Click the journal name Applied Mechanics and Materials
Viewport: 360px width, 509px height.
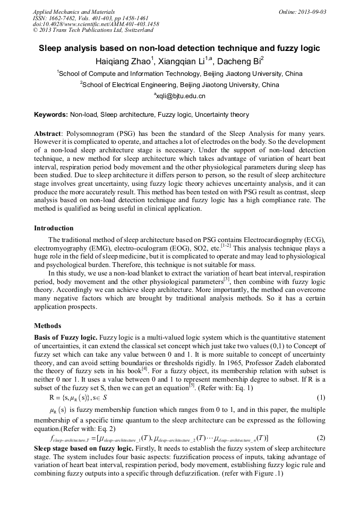pyautogui.click(x=73, y=11)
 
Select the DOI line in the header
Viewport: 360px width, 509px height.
pyautogui.click(x=96, y=24)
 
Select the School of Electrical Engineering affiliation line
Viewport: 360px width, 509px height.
pyautogui.click(x=179, y=84)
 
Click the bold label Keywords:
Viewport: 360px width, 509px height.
pyautogui.click(x=51, y=115)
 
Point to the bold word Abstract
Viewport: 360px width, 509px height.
pyautogui.click(x=48, y=134)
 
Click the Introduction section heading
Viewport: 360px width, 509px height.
pyautogui.click(x=54, y=228)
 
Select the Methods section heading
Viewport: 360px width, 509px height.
pyautogui.click(x=47, y=325)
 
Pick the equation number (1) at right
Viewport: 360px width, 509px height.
pyautogui.click(x=320, y=398)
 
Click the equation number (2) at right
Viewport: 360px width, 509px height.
pyautogui.click(x=320, y=438)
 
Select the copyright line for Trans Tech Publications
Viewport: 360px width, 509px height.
pyautogui.click(x=93, y=30)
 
